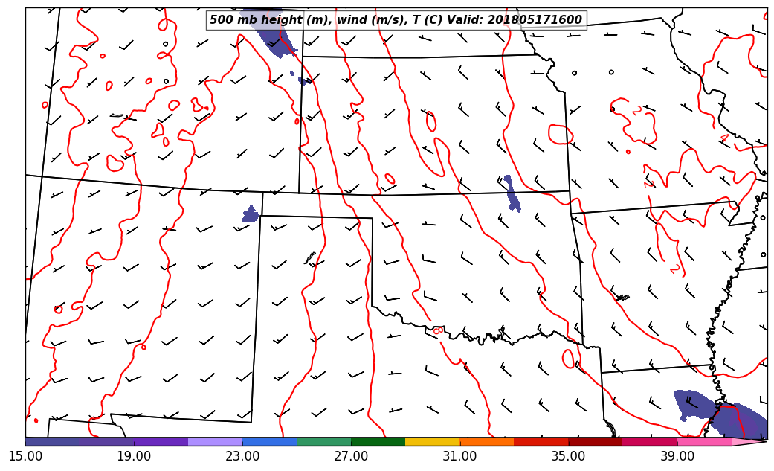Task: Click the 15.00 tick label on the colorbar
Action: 25,455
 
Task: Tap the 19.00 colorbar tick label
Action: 134,455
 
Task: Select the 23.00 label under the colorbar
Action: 242,455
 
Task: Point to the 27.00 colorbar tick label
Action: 351,455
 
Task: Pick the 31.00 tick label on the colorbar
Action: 459,455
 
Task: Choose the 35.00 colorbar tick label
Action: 568,455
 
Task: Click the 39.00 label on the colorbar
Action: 677,455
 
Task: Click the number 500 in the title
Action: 221,20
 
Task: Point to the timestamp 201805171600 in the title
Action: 535,20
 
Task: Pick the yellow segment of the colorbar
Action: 433,442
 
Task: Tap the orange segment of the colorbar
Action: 487,442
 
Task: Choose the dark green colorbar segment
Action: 378,442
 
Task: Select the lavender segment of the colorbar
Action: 216,442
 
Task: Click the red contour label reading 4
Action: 723,138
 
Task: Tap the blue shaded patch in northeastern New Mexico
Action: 251,215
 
